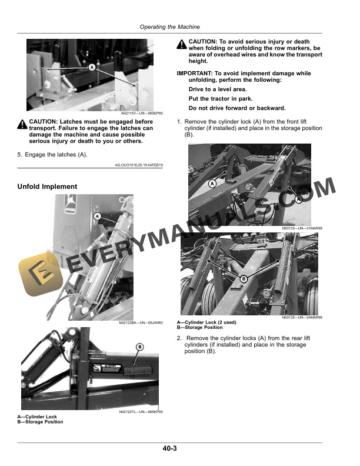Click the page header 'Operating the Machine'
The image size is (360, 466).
click(x=169, y=27)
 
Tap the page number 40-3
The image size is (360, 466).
click(x=170, y=449)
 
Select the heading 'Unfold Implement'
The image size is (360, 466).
click(x=47, y=187)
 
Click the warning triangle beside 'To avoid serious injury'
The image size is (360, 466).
click(x=182, y=42)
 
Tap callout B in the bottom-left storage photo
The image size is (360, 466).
click(x=140, y=347)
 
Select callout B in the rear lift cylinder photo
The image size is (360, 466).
click(x=243, y=278)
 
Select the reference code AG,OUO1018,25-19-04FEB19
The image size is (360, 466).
click(x=139, y=165)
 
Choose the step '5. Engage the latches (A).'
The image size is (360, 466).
click(x=52, y=155)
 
